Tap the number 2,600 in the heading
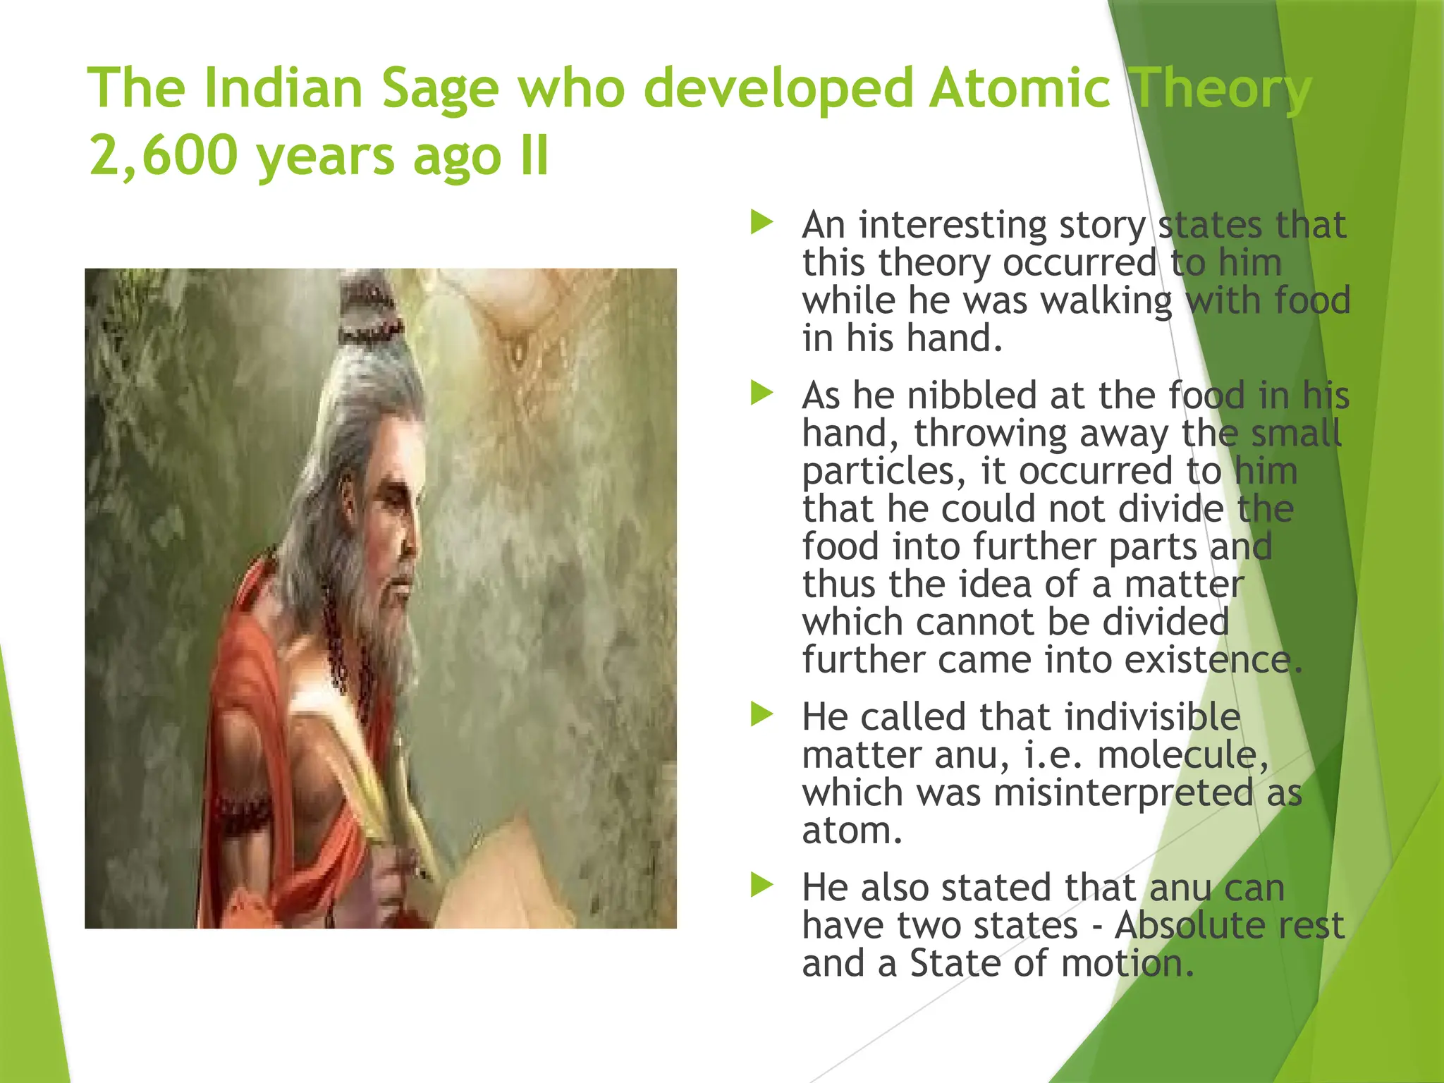click(x=163, y=155)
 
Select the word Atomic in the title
click(x=1020, y=89)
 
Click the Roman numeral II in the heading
click(x=534, y=155)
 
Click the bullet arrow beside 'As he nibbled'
click(x=761, y=393)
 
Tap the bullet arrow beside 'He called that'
click(x=761, y=715)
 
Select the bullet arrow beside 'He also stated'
click(x=761, y=885)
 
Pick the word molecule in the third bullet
click(x=1177, y=754)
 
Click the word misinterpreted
click(x=1125, y=793)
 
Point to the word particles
click(x=881, y=471)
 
